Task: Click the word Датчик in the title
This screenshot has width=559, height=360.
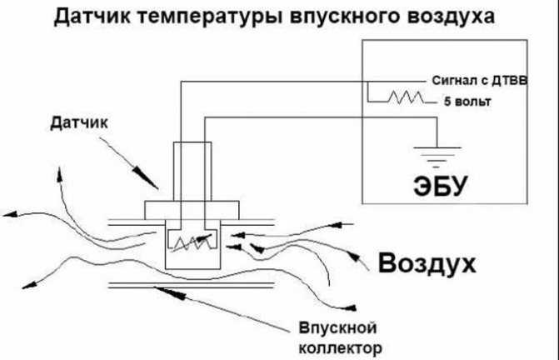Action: [92, 17]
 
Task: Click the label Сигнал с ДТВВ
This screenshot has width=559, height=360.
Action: [480, 81]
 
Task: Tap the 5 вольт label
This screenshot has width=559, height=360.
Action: [467, 102]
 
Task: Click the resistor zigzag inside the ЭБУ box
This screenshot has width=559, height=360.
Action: [406, 97]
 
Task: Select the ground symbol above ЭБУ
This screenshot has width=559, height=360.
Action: [437, 157]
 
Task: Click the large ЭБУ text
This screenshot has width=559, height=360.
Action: [440, 186]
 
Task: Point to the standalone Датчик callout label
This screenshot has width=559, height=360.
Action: [79, 123]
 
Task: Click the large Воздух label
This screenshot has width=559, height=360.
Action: [427, 264]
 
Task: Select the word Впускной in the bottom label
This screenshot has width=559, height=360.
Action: [337, 328]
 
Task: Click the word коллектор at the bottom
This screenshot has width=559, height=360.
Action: [340, 348]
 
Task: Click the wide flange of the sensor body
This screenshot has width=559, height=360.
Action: [192, 210]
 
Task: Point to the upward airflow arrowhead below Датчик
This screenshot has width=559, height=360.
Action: [59, 174]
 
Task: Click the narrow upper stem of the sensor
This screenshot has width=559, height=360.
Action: [192, 172]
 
